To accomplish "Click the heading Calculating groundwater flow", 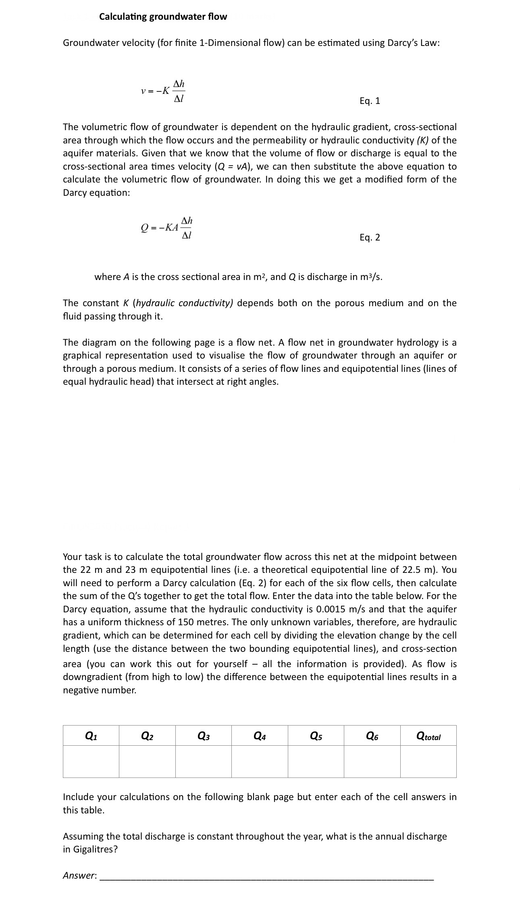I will tap(163, 17).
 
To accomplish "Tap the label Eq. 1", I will tap(370, 101).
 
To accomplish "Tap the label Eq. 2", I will tap(370, 237).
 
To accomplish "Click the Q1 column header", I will tap(91, 736).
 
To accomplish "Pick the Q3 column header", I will tap(204, 736).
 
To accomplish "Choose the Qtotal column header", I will tap(428, 736).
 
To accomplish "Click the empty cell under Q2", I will tap(147, 761).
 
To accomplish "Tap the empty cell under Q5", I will tap(316, 761).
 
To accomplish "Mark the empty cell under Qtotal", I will tap(428, 761).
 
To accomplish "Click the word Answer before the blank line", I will tap(79, 875).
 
